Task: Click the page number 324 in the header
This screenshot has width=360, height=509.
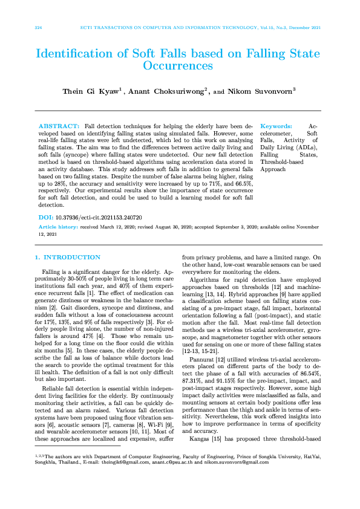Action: [38, 28]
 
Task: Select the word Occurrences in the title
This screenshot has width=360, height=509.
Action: [180, 65]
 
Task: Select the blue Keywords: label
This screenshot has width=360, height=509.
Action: [276, 123]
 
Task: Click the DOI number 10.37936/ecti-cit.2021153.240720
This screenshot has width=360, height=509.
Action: [99, 216]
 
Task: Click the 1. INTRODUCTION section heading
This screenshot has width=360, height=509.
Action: [68, 258]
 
